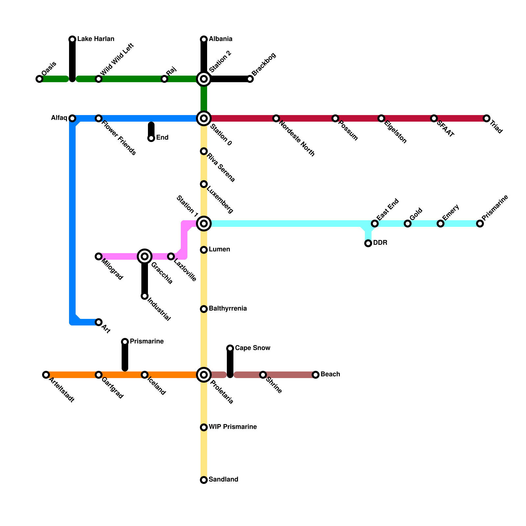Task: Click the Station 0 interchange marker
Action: pyautogui.click(x=204, y=118)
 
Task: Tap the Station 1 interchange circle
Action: pyautogui.click(x=204, y=224)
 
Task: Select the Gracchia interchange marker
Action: pyautogui.click(x=145, y=256)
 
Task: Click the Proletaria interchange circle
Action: pyautogui.click(x=204, y=375)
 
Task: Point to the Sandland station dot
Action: pyautogui.click(x=204, y=480)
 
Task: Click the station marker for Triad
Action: pyautogui.click(x=487, y=118)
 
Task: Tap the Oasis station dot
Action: pyautogui.click(x=39, y=79)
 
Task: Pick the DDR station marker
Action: pyautogui.click(x=368, y=243)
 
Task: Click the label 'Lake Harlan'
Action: pyautogui.click(x=96, y=39)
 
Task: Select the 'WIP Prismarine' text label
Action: pyautogui.click(x=232, y=427)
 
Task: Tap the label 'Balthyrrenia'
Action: pyautogui.click(x=227, y=309)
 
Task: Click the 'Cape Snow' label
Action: pyautogui.click(x=252, y=348)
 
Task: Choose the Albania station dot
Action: pyautogui.click(x=204, y=39)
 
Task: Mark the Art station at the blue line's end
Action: pyautogui.click(x=99, y=322)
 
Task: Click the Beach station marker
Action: pyautogui.click(x=316, y=375)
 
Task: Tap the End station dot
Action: pyautogui.click(x=151, y=138)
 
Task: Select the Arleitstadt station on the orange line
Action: pyautogui.click(x=46, y=375)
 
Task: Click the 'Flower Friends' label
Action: pyautogui.click(x=119, y=138)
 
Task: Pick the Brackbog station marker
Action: pyautogui.click(x=250, y=79)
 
